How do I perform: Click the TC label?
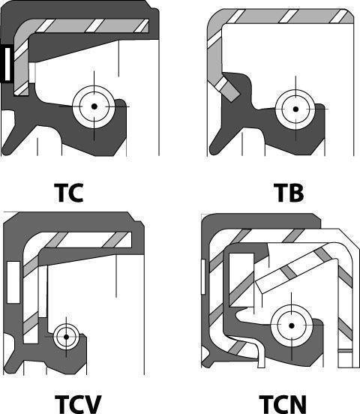[69, 193]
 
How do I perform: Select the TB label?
[289, 193]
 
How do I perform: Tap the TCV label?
[78, 404]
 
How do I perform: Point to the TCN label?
[283, 404]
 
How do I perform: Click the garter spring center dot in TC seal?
[94, 106]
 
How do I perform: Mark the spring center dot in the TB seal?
[295, 109]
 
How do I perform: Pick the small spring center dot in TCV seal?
[66, 337]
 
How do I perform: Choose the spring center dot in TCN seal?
[291, 325]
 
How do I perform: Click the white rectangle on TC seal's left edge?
[7, 64]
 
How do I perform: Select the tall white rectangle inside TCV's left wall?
[13, 282]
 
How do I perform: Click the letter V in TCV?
[93, 404]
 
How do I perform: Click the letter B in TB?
[295, 193]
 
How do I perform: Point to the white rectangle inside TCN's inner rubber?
[241, 280]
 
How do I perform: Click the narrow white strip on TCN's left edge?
[203, 277]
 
